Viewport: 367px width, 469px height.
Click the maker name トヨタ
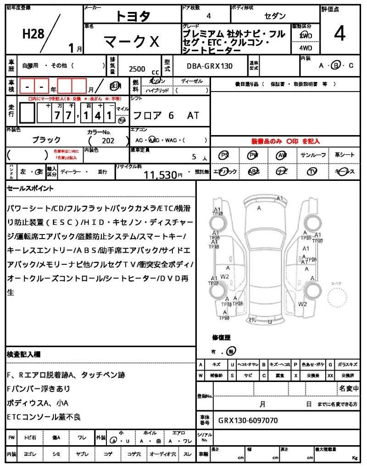(133, 16)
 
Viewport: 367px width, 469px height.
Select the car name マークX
(132, 42)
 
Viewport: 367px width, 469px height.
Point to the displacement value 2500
(137, 69)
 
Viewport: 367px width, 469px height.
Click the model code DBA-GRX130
(209, 66)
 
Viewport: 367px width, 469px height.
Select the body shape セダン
(274, 16)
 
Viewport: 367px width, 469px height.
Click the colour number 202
(108, 141)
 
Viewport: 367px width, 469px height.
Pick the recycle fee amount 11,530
(160, 175)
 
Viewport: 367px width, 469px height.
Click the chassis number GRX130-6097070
(248, 420)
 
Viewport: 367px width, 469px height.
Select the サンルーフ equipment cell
(313, 155)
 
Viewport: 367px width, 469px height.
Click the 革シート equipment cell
(345, 155)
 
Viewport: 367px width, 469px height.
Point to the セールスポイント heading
(30, 188)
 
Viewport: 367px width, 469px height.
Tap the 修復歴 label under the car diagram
(221, 338)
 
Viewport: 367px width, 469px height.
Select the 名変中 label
(349, 388)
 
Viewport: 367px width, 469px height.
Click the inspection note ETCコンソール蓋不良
(44, 417)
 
